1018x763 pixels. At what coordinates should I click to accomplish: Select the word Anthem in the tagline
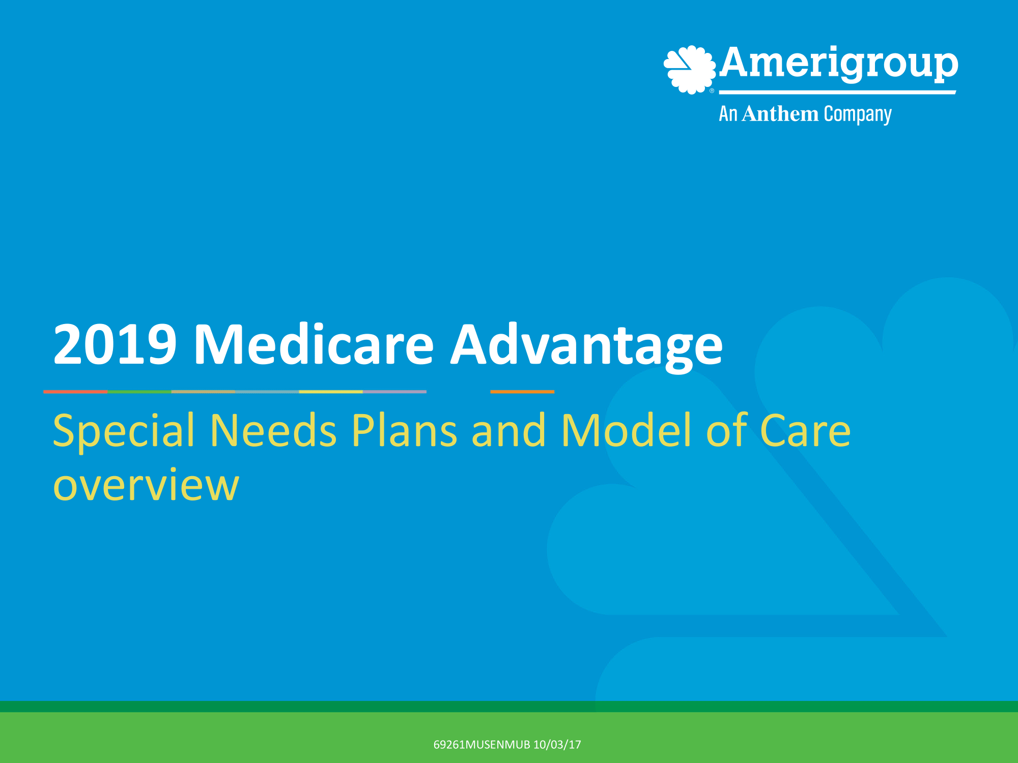tap(780, 114)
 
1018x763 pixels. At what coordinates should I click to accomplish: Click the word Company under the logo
tap(858, 115)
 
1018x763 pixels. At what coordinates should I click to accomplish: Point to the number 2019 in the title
tap(115, 345)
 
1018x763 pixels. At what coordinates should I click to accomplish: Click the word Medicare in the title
tap(313, 345)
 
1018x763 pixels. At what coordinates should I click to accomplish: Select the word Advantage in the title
tap(586, 346)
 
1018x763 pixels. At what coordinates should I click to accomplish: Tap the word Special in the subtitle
tap(124, 431)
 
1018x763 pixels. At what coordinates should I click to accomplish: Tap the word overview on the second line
tap(146, 486)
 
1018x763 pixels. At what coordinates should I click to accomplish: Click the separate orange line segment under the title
tap(522, 392)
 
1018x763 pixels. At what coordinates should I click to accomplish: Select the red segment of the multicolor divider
tap(75, 392)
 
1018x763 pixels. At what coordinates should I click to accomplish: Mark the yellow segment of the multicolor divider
tap(331, 392)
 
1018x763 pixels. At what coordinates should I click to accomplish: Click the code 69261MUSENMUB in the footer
tap(482, 745)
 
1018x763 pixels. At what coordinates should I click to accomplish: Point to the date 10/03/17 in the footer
tap(557, 745)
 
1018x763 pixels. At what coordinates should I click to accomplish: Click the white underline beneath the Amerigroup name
tap(837, 93)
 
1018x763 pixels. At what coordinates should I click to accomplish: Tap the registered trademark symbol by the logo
tap(712, 91)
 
